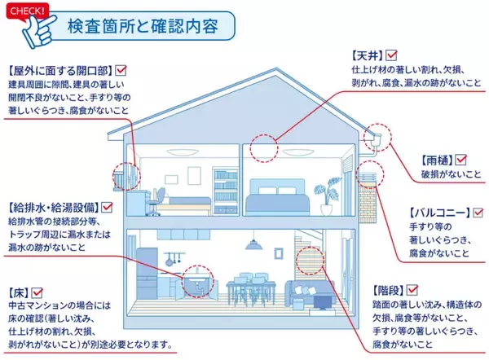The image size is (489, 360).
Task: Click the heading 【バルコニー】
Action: pyautogui.click(x=437, y=213)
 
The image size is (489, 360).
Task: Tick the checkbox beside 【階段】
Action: pyautogui.click(x=413, y=290)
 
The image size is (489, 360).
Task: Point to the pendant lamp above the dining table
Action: pyautogui.click(x=253, y=245)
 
